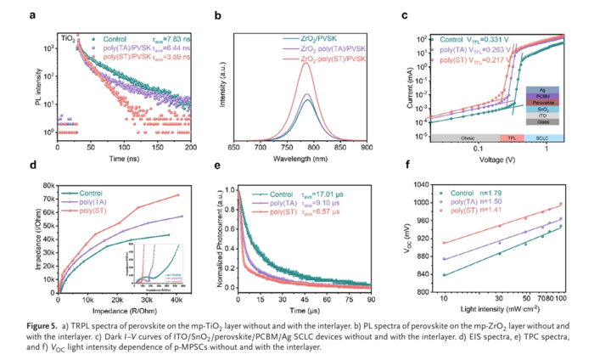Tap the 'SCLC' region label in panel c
pos(543,136)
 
